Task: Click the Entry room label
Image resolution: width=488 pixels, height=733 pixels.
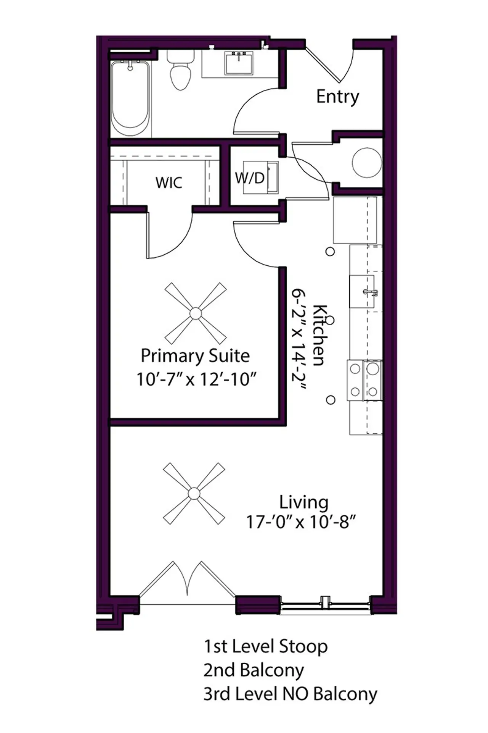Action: click(337, 97)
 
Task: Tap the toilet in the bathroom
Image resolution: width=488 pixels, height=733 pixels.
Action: click(180, 73)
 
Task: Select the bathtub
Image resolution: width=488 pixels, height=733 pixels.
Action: click(130, 98)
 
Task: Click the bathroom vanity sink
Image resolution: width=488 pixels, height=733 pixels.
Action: click(239, 63)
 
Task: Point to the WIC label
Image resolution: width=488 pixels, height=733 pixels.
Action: click(169, 182)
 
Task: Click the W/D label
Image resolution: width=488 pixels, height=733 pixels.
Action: click(250, 178)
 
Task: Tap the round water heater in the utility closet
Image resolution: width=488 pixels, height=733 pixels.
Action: click(366, 163)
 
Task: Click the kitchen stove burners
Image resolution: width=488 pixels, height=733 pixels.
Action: click(364, 380)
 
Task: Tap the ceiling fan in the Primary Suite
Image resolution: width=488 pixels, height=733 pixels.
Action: click(196, 313)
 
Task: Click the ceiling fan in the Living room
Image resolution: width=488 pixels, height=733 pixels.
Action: click(194, 493)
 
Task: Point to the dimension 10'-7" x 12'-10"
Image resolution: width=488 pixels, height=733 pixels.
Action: click(196, 379)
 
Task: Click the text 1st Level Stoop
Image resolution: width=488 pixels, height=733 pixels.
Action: click(266, 647)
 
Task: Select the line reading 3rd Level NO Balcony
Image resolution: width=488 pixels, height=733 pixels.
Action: click(290, 694)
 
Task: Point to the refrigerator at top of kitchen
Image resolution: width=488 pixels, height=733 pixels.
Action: click(355, 220)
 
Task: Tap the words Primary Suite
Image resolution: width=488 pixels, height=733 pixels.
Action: click(195, 355)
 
